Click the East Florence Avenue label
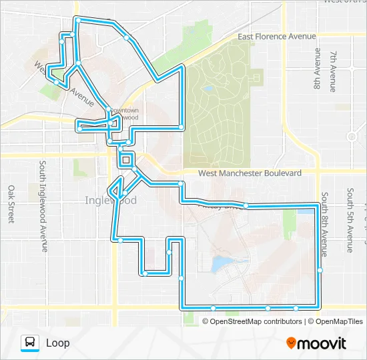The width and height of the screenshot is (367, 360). pyautogui.click(x=272, y=37)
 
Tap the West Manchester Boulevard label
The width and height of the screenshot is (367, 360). pyautogui.click(x=250, y=173)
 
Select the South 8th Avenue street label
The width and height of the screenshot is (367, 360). pyautogui.click(x=324, y=224)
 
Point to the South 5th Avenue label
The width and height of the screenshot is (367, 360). pyautogui.click(x=350, y=220)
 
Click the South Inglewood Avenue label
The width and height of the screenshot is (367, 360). pyautogui.click(x=43, y=206)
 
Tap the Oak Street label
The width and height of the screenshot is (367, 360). pyautogui.click(x=11, y=204)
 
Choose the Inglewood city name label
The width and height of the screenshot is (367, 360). pyautogui.click(x=111, y=200)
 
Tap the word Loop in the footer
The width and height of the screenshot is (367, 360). pyautogui.click(x=57, y=343)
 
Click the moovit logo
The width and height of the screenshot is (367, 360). pyautogui.click(x=316, y=343)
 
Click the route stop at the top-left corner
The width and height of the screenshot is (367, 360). pyautogui.click(x=78, y=21)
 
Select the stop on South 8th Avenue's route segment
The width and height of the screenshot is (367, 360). pyautogui.click(x=320, y=270)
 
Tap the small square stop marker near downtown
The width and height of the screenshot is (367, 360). pyautogui.click(x=125, y=159)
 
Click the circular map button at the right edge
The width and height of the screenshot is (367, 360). pyautogui.click(x=352, y=136)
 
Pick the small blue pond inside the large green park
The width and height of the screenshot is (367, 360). pyautogui.click(x=208, y=88)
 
